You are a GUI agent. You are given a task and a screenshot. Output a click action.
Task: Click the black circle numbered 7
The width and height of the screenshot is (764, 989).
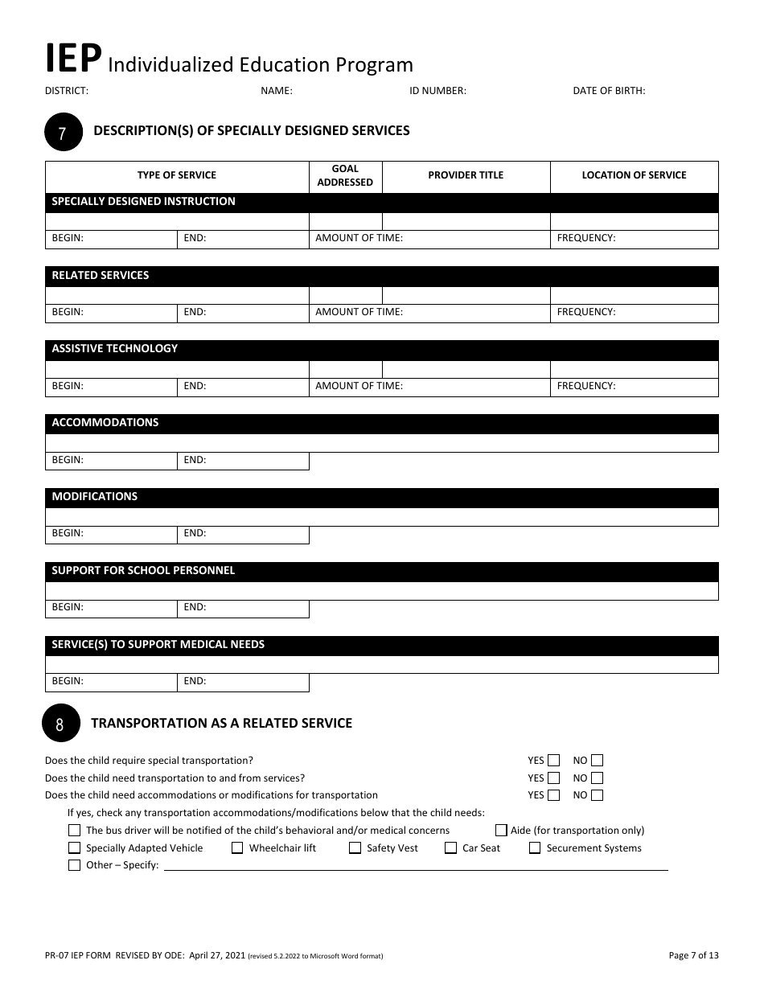point(64,132)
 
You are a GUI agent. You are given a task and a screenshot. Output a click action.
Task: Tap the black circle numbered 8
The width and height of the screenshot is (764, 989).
point(60,723)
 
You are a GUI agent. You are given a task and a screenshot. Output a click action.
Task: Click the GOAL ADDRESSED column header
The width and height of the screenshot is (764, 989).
point(345,176)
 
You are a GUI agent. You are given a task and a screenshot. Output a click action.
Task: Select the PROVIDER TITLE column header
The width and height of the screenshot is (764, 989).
point(466,175)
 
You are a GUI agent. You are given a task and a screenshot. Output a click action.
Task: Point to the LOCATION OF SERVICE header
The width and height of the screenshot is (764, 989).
point(634,175)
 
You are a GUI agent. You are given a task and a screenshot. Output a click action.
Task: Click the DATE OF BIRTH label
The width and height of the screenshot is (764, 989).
point(609,91)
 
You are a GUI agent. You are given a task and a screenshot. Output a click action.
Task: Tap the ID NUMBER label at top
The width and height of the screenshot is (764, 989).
point(437,91)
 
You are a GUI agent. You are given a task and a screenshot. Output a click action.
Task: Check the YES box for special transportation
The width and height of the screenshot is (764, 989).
point(553,761)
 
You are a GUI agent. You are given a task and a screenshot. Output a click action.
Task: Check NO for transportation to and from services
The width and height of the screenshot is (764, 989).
point(597,778)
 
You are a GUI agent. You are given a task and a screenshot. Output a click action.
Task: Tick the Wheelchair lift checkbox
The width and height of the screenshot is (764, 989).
point(237,847)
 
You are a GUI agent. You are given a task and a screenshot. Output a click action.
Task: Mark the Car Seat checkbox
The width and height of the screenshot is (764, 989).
point(450,847)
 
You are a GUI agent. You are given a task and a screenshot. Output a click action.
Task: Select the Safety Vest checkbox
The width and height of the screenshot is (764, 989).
point(355,847)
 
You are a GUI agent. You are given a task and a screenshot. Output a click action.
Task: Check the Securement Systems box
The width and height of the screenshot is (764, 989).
point(535,847)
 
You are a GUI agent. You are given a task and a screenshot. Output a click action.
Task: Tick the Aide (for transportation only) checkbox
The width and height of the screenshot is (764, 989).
point(501,831)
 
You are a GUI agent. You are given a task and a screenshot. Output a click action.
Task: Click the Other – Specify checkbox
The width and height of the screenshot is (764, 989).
point(75,865)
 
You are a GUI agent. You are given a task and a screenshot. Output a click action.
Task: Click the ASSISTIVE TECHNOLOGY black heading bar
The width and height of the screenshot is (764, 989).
point(381,349)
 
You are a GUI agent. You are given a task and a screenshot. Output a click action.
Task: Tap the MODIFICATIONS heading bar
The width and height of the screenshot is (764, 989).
point(381,497)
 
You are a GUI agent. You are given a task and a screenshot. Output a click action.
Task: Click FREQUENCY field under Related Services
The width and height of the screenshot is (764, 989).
point(634,312)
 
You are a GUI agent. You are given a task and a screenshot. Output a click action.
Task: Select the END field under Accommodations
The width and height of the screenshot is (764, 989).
point(243,460)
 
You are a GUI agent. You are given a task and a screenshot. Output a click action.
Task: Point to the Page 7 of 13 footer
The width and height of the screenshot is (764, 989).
point(693,955)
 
